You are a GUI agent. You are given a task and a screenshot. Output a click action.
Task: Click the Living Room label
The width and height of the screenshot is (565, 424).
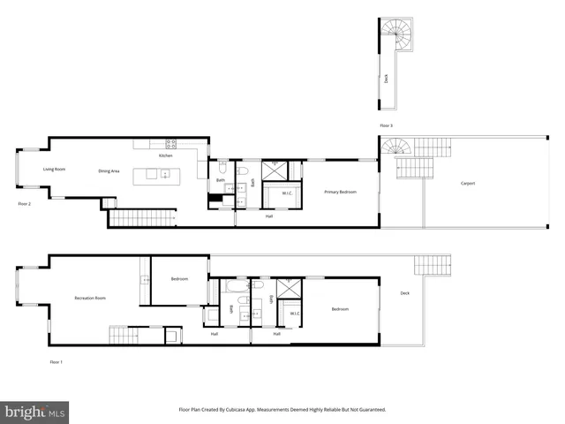[x=55, y=169]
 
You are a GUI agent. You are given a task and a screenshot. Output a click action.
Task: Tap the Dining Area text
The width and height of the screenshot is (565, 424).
[x=109, y=170]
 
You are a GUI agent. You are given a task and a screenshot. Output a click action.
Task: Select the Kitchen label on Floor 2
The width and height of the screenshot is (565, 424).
[x=165, y=155]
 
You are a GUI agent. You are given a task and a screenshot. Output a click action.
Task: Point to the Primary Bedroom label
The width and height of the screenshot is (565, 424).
[x=340, y=192]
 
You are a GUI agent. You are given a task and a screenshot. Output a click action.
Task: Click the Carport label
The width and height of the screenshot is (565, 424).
[x=468, y=184]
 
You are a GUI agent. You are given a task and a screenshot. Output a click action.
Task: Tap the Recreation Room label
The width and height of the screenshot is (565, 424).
[x=90, y=299]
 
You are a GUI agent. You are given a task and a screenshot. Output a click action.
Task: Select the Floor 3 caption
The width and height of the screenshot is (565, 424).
[x=386, y=125]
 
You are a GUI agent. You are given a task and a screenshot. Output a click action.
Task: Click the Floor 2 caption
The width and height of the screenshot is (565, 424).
[x=25, y=203]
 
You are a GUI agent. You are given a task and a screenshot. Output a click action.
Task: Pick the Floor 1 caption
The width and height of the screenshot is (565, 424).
[x=56, y=362]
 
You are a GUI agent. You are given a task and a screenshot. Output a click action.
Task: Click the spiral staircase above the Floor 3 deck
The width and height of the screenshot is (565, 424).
[x=396, y=35]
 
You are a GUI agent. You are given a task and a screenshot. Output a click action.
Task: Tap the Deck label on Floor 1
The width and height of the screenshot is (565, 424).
[x=404, y=293]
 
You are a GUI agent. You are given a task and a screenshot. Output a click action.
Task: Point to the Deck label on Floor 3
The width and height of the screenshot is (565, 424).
[x=386, y=78]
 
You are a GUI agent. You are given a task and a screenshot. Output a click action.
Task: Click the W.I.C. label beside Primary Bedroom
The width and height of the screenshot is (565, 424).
[x=288, y=193]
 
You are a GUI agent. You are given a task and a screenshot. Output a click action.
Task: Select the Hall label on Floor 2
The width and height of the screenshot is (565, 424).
[x=268, y=216]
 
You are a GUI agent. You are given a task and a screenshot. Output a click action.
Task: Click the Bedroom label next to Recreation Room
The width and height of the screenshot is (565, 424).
[x=179, y=279]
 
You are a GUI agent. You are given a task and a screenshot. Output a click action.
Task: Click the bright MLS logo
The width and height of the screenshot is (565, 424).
[x=35, y=413]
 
